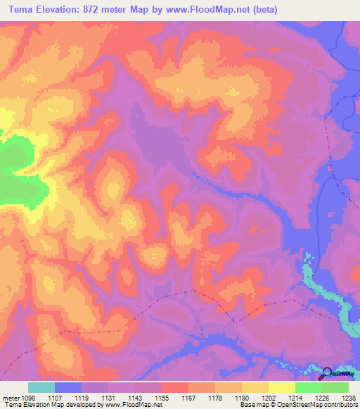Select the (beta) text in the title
(264, 9)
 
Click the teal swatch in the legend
(41, 387)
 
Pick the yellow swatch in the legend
(281, 387)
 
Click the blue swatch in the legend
(68, 387)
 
